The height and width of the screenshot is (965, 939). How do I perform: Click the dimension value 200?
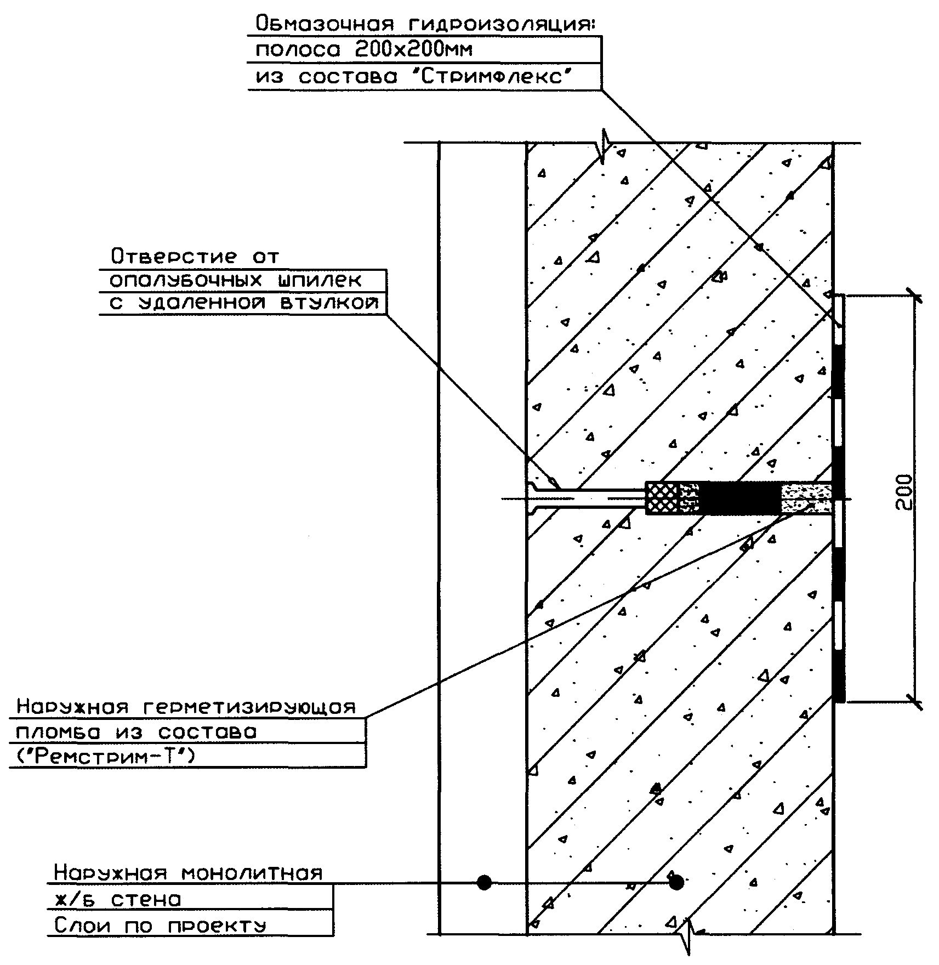905,492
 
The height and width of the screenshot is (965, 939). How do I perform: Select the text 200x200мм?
413,50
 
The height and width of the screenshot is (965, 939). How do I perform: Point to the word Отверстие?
174,256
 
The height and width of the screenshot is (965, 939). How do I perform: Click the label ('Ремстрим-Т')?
103,757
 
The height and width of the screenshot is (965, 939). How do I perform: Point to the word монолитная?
252,872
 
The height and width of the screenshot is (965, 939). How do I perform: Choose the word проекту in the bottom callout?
217,926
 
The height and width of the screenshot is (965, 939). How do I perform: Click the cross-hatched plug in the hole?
663,498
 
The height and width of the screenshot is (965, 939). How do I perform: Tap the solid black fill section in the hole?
740,498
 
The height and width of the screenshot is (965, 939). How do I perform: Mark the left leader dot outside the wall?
484,882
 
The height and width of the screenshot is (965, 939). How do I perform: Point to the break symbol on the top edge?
604,145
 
